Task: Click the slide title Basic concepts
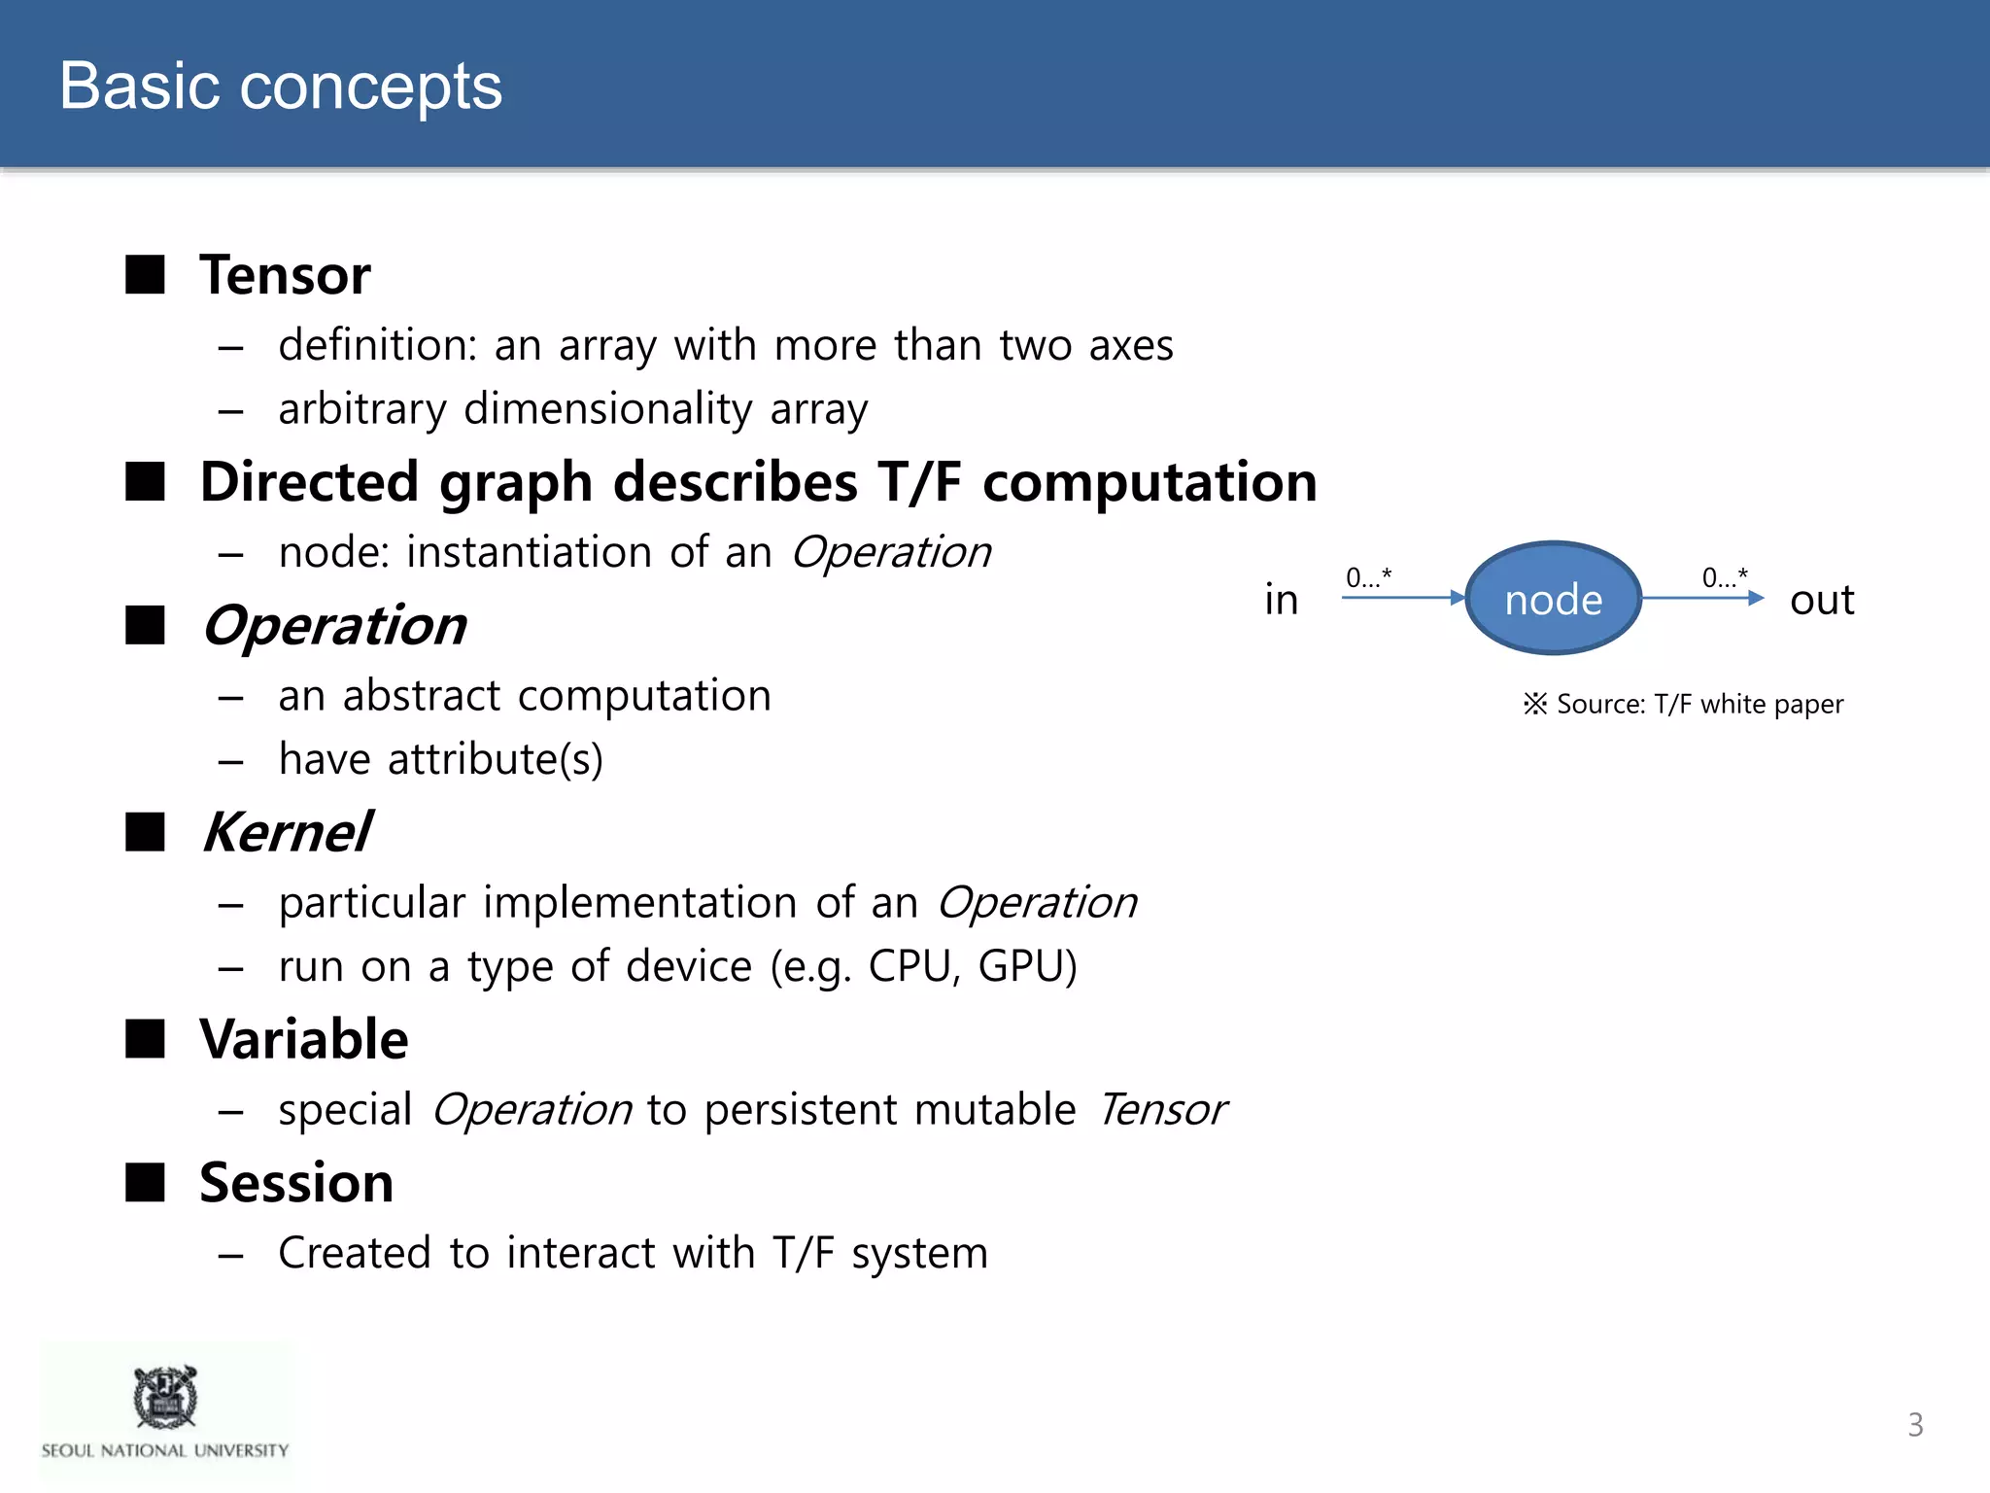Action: tap(281, 86)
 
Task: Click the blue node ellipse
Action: tap(1552, 599)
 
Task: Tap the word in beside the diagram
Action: tap(1281, 600)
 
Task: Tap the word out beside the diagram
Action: tap(1821, 600)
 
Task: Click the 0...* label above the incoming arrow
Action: tap(1368, 577)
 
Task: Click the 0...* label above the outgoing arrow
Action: tap(1725, 577)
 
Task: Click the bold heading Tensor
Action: tap(285, 275)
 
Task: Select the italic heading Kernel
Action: tap(287, 832)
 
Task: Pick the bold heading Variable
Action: tap(304, 1039)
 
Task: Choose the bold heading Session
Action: tap(296, 1183)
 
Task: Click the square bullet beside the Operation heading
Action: tap(146, 625)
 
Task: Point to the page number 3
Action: tap(1914, 1425)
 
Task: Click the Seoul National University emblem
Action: tap(165, 1397)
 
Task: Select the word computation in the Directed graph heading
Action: tap(1149, 482)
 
